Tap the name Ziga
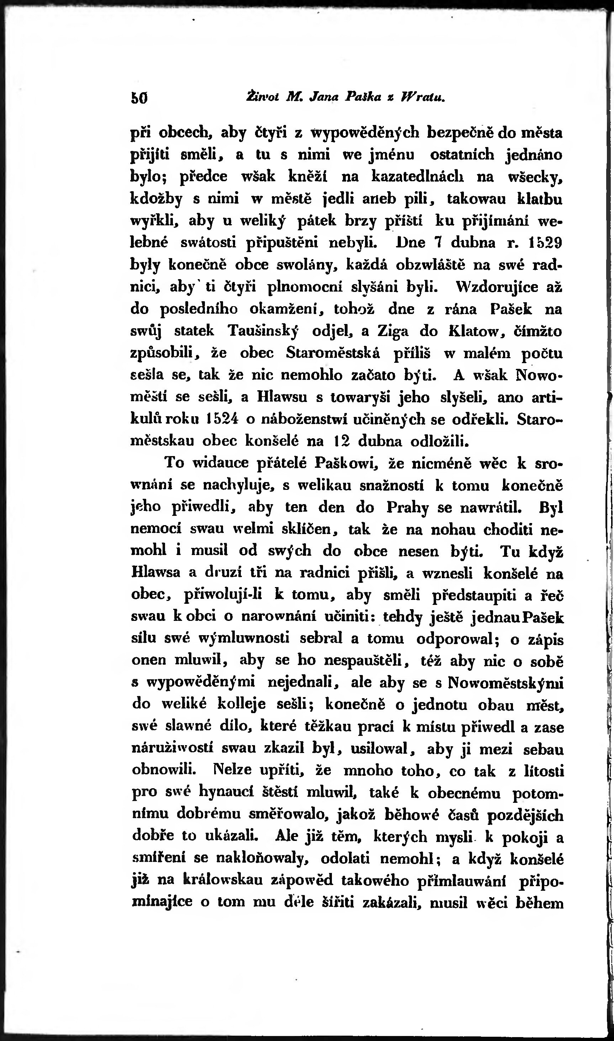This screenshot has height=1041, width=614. click(x=393, y=331)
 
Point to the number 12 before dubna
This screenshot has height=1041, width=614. click(x=342, y=441)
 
